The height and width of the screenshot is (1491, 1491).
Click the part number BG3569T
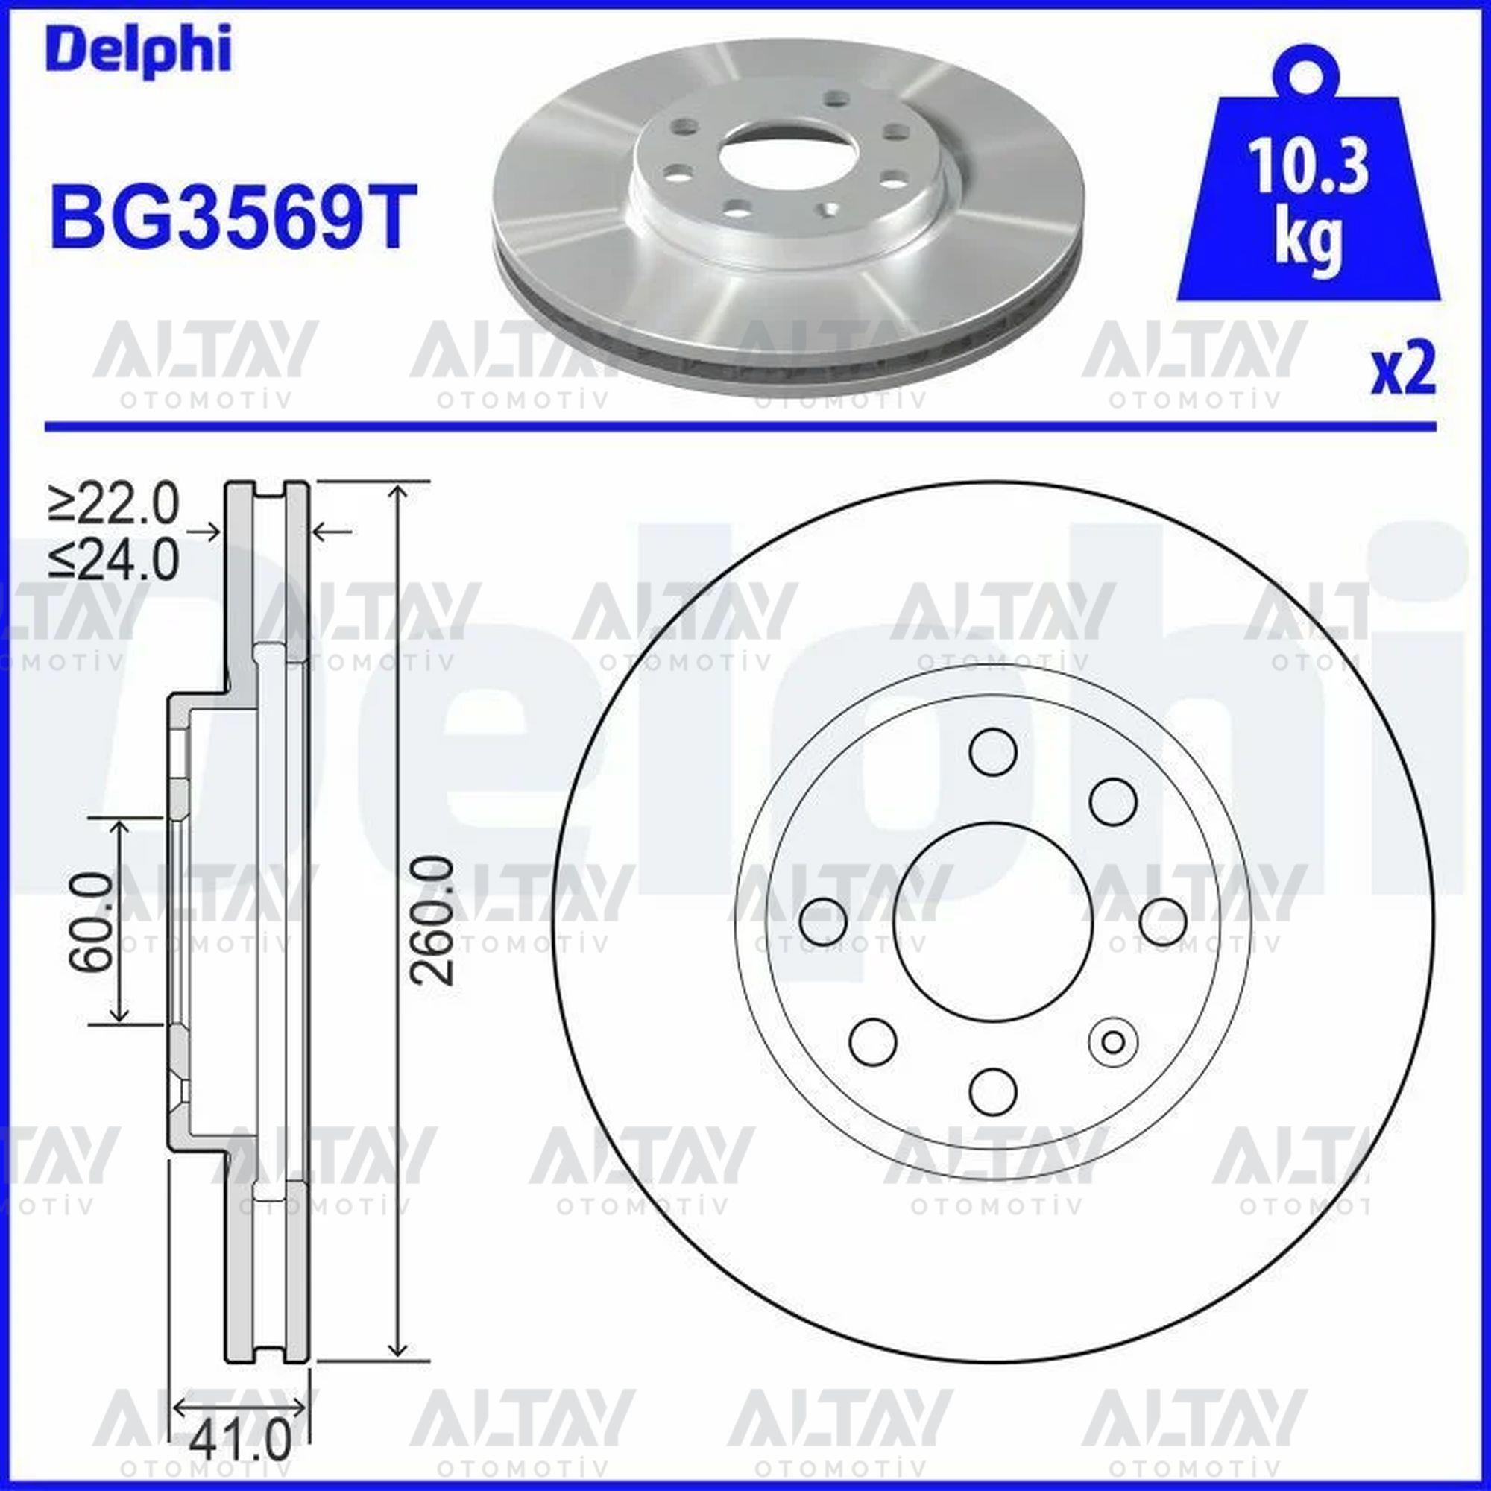click(228, 217)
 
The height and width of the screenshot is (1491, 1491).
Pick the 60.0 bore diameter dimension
click(92, 921)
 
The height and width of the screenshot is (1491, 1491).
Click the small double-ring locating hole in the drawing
click(1112, 1042)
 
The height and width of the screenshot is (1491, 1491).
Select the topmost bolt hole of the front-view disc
click(992, 750)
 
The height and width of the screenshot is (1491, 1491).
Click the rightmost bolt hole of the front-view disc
click(1163, 921)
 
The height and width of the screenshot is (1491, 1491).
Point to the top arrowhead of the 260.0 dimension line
click(397, 491)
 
